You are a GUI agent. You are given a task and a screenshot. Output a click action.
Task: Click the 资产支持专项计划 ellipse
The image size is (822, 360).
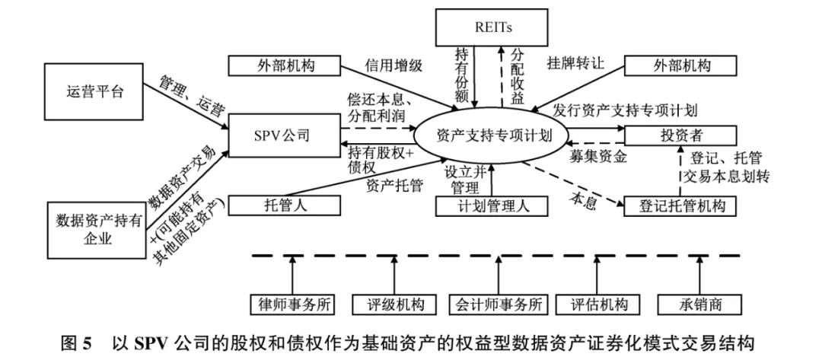[490, 136]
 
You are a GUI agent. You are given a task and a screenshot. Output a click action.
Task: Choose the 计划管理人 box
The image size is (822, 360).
[490, 205]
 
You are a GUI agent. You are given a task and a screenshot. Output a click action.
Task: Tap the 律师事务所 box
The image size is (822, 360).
[293, 304]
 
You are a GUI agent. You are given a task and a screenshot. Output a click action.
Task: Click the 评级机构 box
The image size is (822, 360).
[395, 304]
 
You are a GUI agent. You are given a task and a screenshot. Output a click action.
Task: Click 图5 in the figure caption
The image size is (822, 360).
[77, 342]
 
